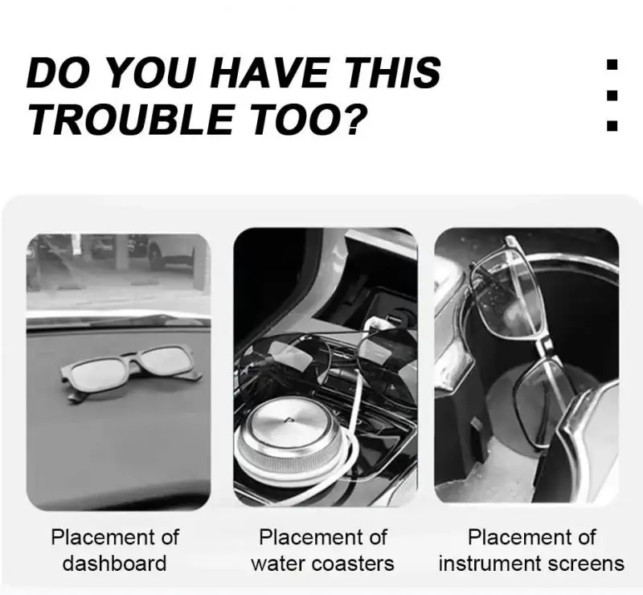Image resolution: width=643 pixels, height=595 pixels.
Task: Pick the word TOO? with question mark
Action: (306, 119)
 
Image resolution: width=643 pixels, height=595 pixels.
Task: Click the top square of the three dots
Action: (612, 65)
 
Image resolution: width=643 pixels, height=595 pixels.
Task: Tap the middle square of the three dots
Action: (612, 95)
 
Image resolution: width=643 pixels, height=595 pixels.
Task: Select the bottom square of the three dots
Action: (612, 125)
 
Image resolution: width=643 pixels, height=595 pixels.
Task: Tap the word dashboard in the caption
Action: (114, 564)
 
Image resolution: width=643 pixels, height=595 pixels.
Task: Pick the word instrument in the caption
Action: (489, 564)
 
